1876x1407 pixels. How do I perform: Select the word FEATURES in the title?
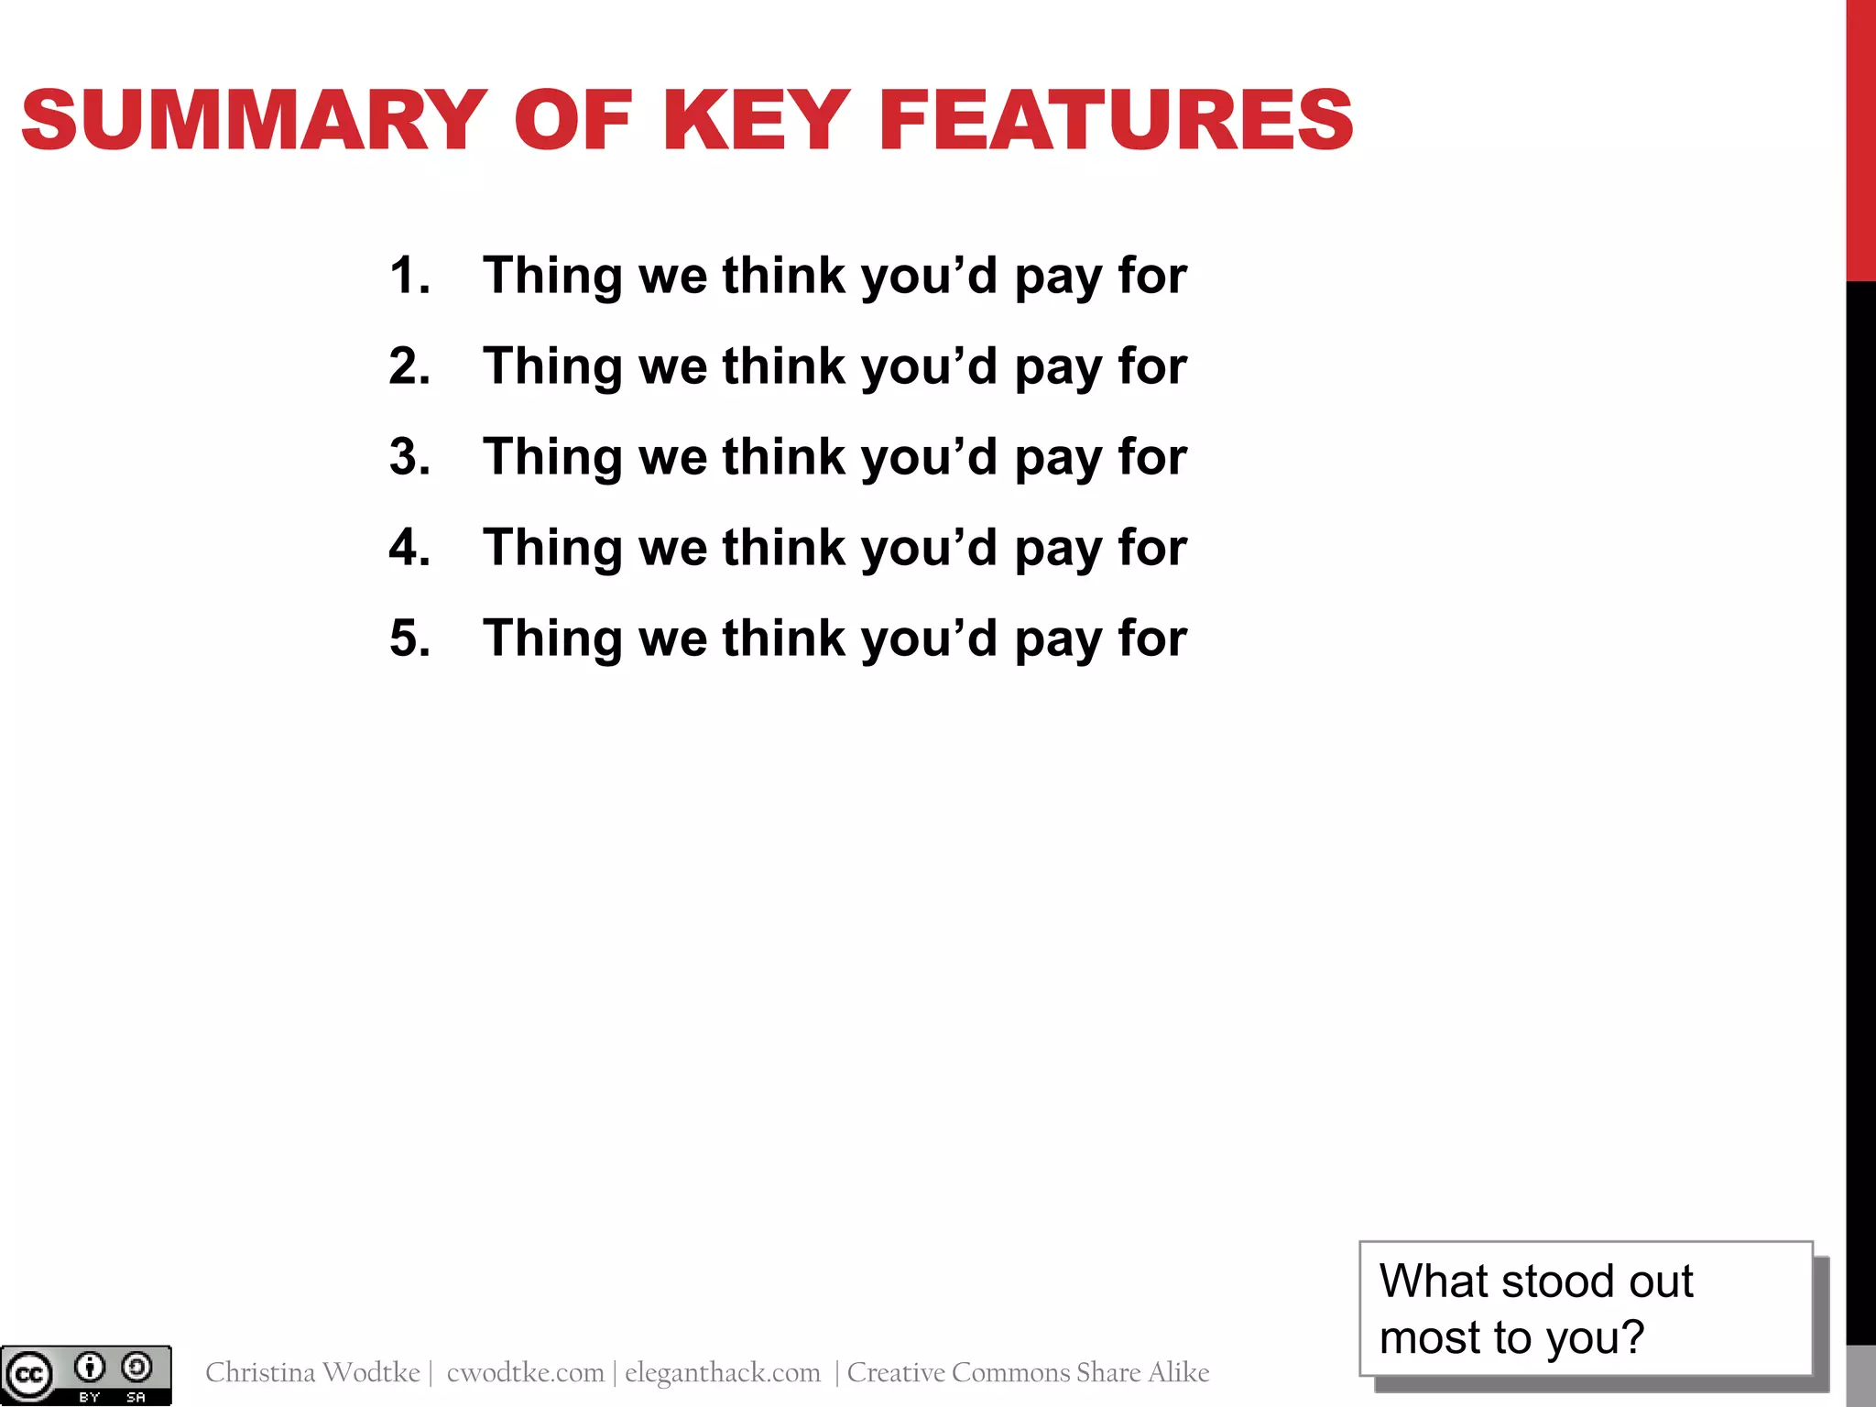1115,120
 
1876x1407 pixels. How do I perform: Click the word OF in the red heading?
573,120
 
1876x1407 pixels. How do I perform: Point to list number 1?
409,275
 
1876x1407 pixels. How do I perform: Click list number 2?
409,365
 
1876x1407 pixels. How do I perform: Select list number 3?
409,456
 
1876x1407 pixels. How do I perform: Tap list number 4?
409,547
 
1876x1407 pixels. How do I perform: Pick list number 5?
409,638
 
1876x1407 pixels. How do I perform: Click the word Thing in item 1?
552,275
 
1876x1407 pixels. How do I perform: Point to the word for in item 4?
1152,547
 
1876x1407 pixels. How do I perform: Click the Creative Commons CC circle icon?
28,1375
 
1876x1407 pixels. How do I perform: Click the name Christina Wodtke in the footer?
312,1372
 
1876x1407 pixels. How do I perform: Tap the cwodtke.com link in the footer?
525,1372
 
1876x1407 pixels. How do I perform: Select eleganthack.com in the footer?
723,1372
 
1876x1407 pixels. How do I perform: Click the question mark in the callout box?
1632,1337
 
